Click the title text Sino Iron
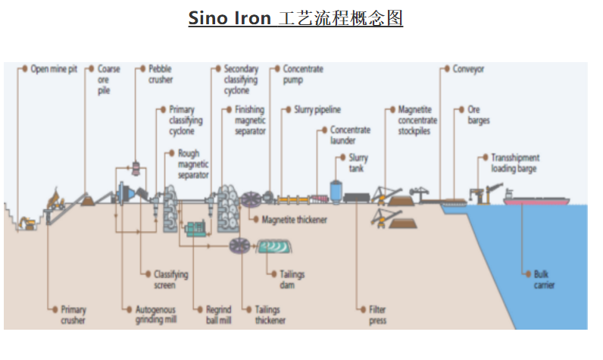(x=230, y=17)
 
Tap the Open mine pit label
(x=54, y=69)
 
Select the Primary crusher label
(x=73, y=315)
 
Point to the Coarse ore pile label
(x=108, y=79)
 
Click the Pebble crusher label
(x=161, y=74)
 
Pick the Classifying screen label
(x=170, y=280)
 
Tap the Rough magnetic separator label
(x=192, y=164)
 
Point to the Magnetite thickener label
(x=295, y=220)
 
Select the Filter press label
(x=378, y=315)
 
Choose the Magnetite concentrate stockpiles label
(x=417, y=120)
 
